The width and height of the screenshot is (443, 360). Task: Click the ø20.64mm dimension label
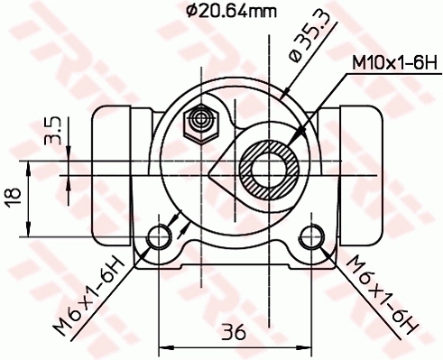click(x=232, y=12)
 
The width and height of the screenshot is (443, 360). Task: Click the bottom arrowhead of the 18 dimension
click(x=32, y=230)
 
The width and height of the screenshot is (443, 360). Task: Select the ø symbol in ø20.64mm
click(x=190, y=12)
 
